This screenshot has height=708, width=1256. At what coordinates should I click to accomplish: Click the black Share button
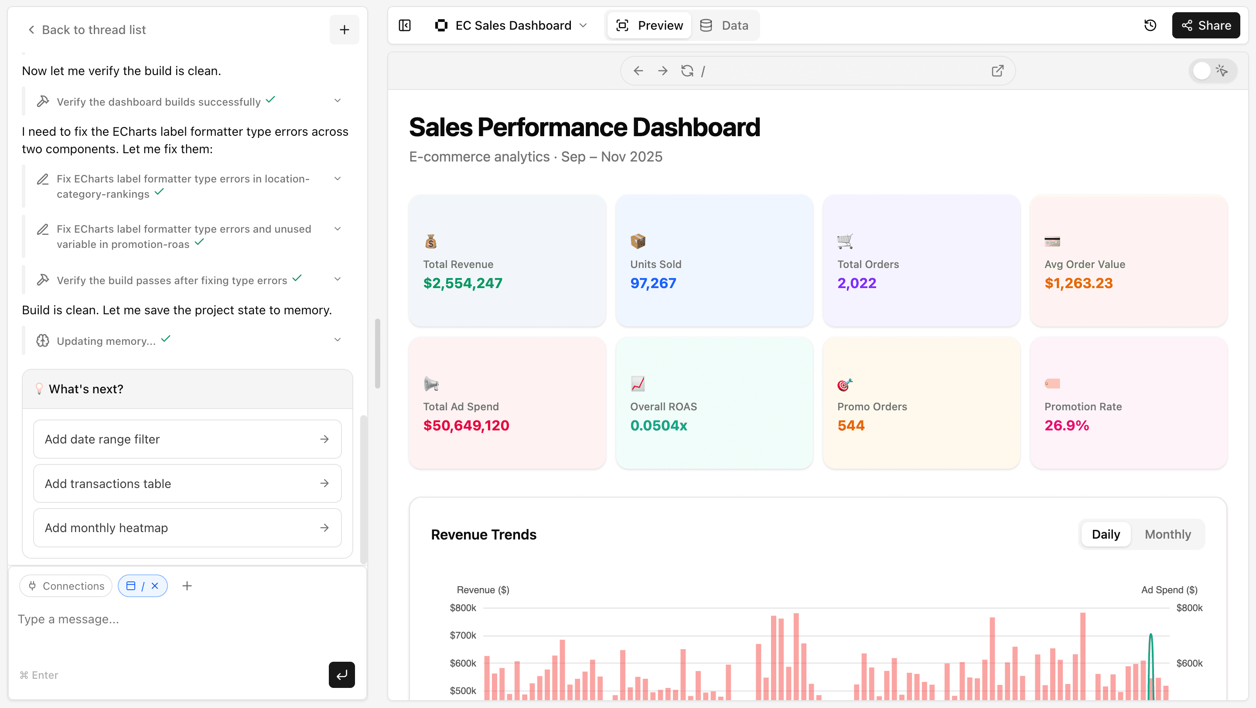point(1206,25)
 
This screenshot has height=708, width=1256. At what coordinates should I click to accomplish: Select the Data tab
point(724,25)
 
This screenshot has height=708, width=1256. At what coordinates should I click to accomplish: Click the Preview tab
point(649,25)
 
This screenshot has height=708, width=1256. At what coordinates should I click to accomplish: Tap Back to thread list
point(87,30)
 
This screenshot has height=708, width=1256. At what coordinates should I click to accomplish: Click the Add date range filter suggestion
point(187,439)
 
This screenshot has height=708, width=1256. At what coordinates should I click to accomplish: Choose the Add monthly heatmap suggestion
point(187,528)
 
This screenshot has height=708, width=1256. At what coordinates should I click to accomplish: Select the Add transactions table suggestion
point(187,484)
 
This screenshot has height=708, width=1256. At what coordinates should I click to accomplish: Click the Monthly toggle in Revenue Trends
point(1167,534)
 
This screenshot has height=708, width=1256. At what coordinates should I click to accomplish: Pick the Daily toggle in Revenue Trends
point(1106,534)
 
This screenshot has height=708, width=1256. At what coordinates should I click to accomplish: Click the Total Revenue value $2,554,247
point(463,283)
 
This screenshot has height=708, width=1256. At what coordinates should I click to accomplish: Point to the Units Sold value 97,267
point(653,283)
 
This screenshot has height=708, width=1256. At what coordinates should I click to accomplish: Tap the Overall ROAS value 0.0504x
point(658,426)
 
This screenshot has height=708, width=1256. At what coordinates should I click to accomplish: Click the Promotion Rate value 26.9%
point(1066,426)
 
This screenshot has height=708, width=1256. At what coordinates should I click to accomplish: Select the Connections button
point(66,586)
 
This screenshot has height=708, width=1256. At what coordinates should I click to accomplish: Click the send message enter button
point(341,675)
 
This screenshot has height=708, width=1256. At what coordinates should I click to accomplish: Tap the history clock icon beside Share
point(1150,25)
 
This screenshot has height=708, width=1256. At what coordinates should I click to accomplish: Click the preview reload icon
point(687,71)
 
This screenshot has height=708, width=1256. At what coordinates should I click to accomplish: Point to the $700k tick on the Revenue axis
point(463,635)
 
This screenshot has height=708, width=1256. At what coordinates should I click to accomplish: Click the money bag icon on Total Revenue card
point(430,241)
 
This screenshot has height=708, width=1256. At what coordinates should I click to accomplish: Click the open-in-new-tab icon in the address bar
point(997,71)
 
